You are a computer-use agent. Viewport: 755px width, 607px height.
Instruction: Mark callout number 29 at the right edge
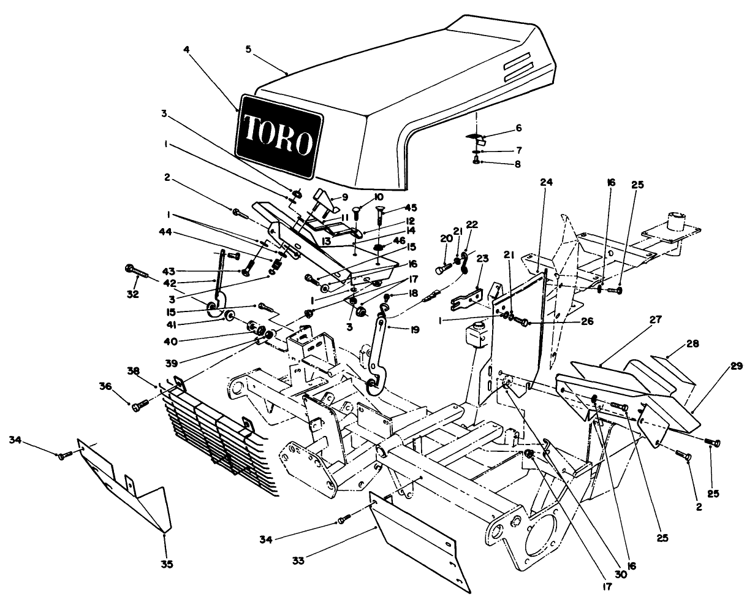coord(735,367)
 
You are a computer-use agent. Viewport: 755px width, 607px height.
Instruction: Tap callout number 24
coord(546,181)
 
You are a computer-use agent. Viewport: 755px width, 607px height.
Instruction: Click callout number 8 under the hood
coord(518,164)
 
